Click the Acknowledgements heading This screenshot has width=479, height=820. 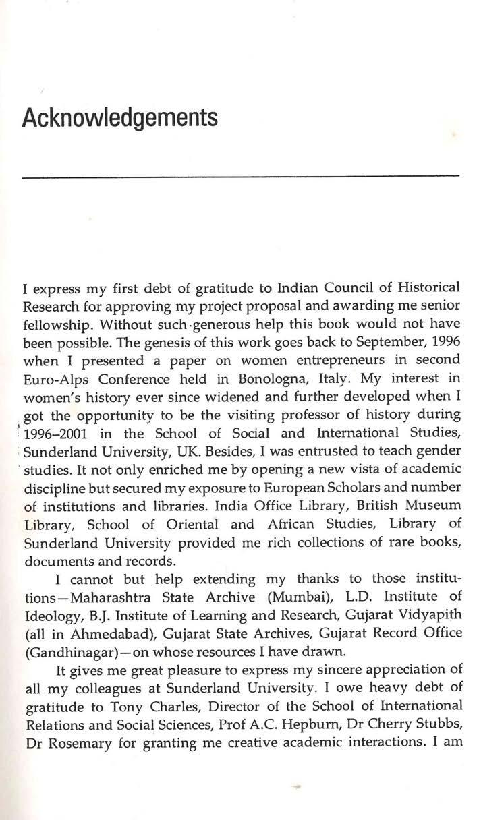click(121, 117)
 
